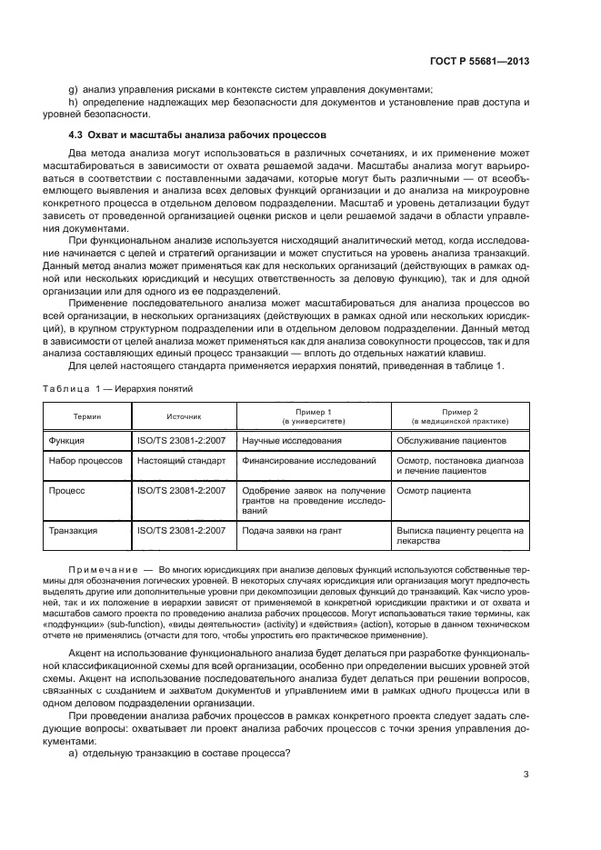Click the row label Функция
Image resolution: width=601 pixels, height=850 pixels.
coord(67,441)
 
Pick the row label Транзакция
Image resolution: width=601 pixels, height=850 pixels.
coord(74,530)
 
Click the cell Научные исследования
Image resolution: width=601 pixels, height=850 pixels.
coord(292,441)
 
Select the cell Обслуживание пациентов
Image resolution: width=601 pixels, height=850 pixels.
coord(451,441)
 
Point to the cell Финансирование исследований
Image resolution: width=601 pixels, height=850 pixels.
coord(308,461)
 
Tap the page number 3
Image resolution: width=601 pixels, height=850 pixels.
coord(526,775)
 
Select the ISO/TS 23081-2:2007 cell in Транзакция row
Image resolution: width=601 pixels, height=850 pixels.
coord(181,530)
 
